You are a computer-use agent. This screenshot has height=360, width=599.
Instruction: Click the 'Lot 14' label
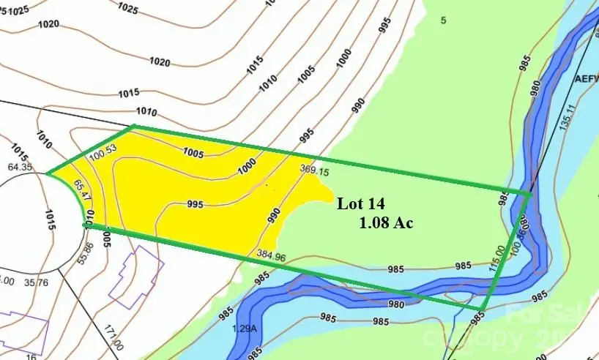(360, 204)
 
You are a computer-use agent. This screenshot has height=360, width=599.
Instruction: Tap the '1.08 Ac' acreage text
(386, 222)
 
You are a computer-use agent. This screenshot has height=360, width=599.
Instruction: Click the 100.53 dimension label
(102, 156)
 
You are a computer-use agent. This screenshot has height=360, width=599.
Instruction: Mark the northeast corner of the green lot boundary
(529, 193)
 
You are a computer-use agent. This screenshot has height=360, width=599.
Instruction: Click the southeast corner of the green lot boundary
(484, 310)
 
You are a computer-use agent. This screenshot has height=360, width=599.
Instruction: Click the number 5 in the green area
(443, 20)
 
